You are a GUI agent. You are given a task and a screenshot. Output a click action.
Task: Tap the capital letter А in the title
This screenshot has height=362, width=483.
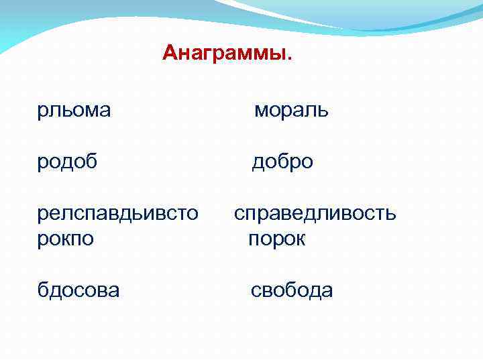pyautogui.click(x=170, y=53)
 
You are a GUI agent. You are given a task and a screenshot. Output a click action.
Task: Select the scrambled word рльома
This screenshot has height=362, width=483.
pyautogui.click(x=74, y=109)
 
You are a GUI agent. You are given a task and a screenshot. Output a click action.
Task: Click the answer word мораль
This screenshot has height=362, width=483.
pyautogui.click(x=291, y=109)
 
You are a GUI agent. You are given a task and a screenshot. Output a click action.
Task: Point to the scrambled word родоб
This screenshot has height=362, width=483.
pyautogui.click(x=68, y=162)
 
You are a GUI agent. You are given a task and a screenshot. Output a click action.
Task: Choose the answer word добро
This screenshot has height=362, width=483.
pyautogui.click(x=282, y=162)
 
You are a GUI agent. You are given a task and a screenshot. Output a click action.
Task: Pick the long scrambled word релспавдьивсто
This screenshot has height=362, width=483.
pyautogui.click(x=117, y=214)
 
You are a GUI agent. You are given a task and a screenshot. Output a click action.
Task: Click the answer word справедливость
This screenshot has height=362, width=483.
pyautogui.click(x=315, y=214)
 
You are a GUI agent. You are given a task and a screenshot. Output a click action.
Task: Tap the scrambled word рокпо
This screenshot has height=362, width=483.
pyautogui.click(x=66, y=239)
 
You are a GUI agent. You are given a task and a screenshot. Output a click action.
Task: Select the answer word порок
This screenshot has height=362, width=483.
pyautogui.click(x=276, y=239)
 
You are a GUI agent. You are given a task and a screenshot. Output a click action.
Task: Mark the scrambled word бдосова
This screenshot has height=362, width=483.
pyautogui.click(x=78, y=290)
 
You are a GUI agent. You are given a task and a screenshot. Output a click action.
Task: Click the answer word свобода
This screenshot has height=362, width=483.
pyautogui.click(x=291, y=290)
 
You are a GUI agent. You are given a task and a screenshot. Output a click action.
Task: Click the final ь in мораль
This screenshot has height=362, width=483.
pyautogui.click(x=323, y=110)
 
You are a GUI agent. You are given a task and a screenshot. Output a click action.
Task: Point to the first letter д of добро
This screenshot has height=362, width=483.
pyautogui.click(x=258, y=162)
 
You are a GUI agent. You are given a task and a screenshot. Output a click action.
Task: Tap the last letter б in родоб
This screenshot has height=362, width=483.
pyautogui.click(x=92, y=161)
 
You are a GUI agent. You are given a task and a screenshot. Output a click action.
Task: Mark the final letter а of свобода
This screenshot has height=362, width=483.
pyautogui.click(x=327, y=290)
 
